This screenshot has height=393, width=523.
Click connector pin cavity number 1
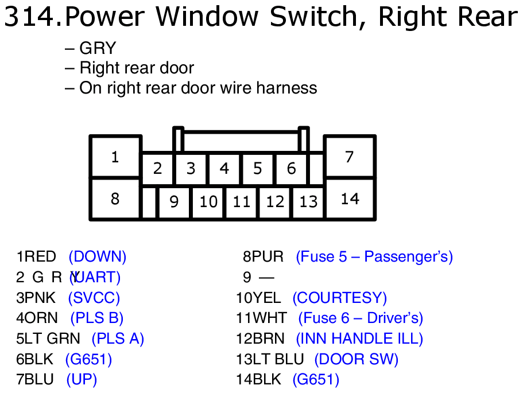click(x=115, y=157)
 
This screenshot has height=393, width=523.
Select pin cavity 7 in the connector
click(x=350, y=157)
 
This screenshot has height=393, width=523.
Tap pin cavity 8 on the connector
click(x=115, y=199)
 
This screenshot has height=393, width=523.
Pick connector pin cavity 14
click(x=350, y=199)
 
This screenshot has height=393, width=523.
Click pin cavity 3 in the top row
click(x=191, y=169)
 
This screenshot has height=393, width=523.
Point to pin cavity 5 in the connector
click(x=258, y=169)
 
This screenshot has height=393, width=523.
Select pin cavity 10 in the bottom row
click(x=208, y=202)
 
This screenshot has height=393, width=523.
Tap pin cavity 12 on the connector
click(x=275, y=202)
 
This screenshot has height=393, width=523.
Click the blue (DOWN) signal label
click(x=98, y=256)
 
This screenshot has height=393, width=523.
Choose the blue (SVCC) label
click(x=94, y=298)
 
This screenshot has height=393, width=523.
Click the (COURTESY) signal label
click(x=340, y=298)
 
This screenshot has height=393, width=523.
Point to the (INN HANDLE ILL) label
click(x=359, y=338)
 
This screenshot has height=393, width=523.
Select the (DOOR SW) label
click(x=357, y=359)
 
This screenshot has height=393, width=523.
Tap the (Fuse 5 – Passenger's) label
click(x=374, y=256)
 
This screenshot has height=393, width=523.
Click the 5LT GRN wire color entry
click(x=48, y=338)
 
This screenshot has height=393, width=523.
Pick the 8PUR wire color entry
click(x=264, y=256)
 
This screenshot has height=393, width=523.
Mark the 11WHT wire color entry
click(x=261, y=318)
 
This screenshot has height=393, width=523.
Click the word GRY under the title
click(x=98, y=49)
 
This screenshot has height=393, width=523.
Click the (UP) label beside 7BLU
click(x=82, y=379)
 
